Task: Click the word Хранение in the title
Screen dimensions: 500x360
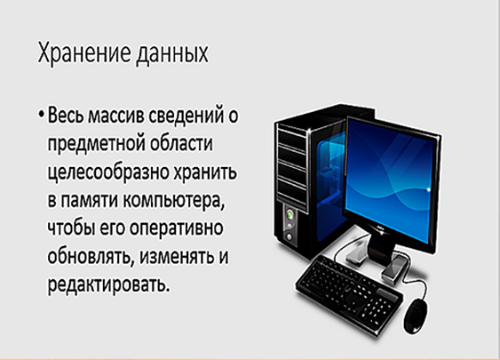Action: [x=84, y=52]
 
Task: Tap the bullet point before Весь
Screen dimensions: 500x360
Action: [x=41, y=114]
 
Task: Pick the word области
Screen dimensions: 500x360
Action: [x=181, y=143]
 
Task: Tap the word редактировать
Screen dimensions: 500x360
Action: [x=108, y=284]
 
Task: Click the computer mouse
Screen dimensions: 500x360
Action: [x=417, y=316]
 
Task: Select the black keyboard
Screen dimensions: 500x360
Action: [x=349, y=292]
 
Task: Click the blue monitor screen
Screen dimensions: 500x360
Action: [x=391, y=179]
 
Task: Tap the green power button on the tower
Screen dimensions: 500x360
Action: [x=290, y=214]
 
